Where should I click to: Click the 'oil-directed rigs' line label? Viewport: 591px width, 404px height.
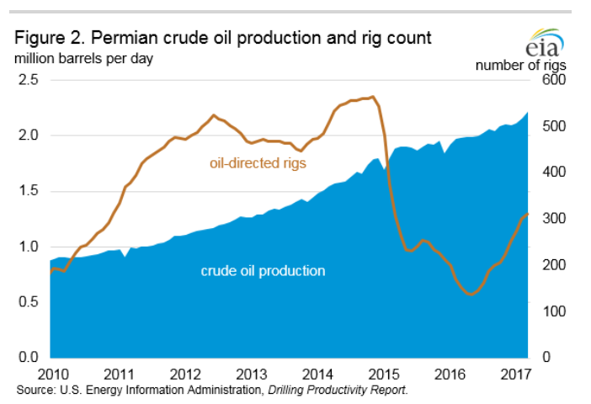tap(257, 162)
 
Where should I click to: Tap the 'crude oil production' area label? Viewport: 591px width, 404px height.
tap(263, 271)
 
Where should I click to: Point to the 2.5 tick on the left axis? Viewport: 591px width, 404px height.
tap(29, 80)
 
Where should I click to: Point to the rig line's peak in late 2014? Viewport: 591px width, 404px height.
tap(373, 97)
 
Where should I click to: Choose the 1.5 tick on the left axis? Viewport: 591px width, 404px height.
tap(29, 191)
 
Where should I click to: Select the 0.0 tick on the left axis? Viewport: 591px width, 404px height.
tap(29, 358)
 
